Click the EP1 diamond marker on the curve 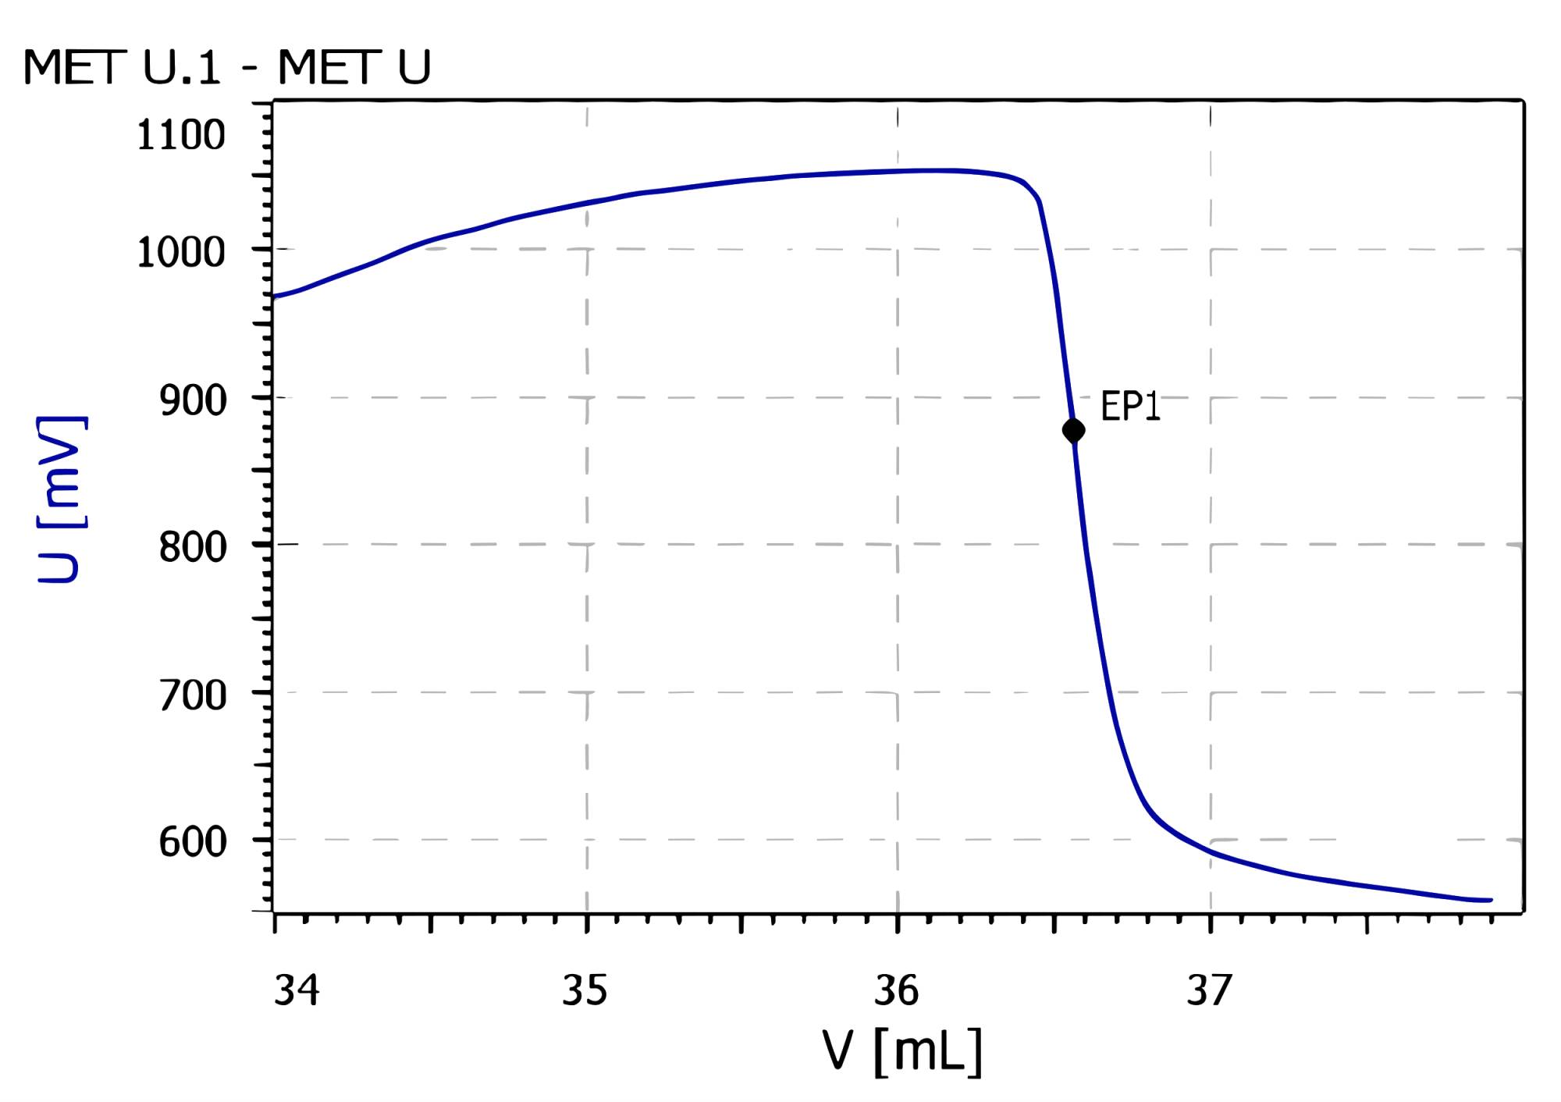(1073, 430)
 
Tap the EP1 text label (1129, 407)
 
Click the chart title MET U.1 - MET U (226, 67)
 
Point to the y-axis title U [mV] (60, 499)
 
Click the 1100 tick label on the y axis (181, 136)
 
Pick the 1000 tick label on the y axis (181, 253)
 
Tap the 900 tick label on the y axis (193, 400)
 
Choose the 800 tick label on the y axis (193, 547)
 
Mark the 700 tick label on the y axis (193, 695)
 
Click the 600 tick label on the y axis (193, 842)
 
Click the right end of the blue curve (1490, 900)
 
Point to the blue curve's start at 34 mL (275, 297)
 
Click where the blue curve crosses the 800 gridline (1086, 545)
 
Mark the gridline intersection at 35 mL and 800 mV (587, 545)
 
